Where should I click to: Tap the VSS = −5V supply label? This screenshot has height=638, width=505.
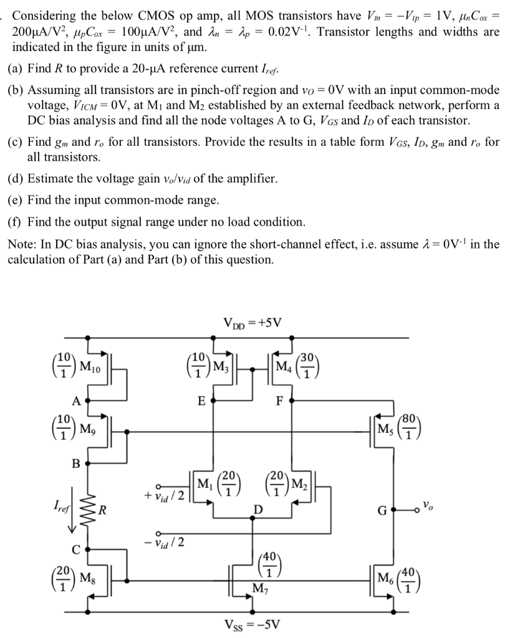252,627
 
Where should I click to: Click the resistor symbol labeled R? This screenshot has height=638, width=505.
87,512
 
